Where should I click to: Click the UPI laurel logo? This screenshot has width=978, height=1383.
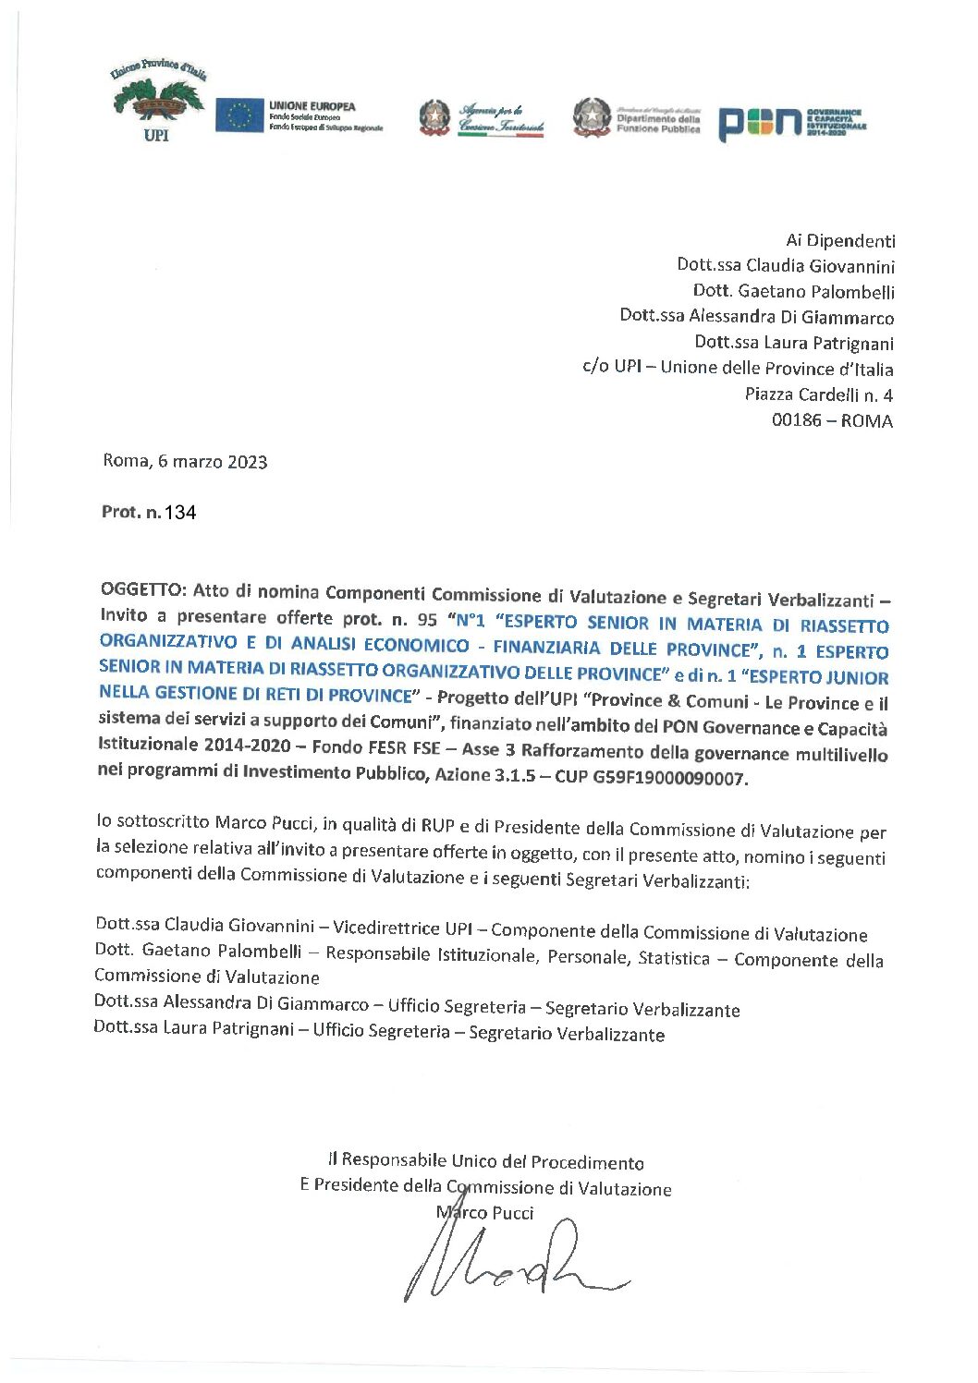point(158,102)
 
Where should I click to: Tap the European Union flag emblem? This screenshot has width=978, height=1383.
point(239,115)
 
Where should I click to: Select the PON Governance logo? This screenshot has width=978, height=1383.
point(791,121)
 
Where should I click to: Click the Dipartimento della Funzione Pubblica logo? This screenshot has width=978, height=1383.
point(637,117)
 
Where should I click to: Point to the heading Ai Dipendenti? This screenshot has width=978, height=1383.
point(840,241)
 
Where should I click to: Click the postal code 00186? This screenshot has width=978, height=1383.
point(796,421)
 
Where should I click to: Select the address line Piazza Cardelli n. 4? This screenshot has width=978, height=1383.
point(819,395)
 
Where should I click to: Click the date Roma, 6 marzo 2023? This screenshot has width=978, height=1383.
point(185,462)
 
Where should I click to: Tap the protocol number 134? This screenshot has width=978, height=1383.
point(180,513)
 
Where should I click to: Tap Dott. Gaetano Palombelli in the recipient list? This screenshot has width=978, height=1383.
point(794,292)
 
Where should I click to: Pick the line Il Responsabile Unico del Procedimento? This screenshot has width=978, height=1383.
point(485,1162)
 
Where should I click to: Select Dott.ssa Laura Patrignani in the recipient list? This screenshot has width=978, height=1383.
point(794,343)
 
